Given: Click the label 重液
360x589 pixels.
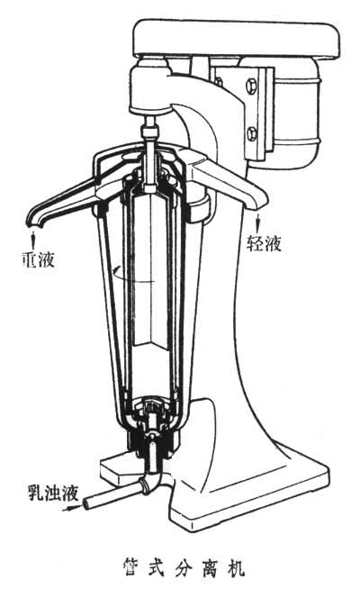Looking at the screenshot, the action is (x=38, y=259).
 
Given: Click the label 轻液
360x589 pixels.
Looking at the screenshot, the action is (x=264, y=244).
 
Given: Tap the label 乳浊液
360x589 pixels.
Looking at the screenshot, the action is (x=54, y=493).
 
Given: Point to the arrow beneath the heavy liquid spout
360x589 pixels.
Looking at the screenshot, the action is (x=33, y=238).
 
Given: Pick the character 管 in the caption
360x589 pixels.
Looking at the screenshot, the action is (x=131, y=567).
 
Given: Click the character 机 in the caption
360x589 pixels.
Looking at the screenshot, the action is (x=236, y=567).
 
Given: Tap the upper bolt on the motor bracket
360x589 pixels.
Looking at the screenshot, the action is (x=251, y=86).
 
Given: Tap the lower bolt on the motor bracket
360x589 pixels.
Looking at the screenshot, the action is (x=252, y=133).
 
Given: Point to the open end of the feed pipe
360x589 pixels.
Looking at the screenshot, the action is (x=86, y=503).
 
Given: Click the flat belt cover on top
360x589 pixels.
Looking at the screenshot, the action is (x=237, y=38).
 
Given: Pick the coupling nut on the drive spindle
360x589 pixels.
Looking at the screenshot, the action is (x=149, y=132).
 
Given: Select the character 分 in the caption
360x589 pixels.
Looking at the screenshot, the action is (x=184, y=567).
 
